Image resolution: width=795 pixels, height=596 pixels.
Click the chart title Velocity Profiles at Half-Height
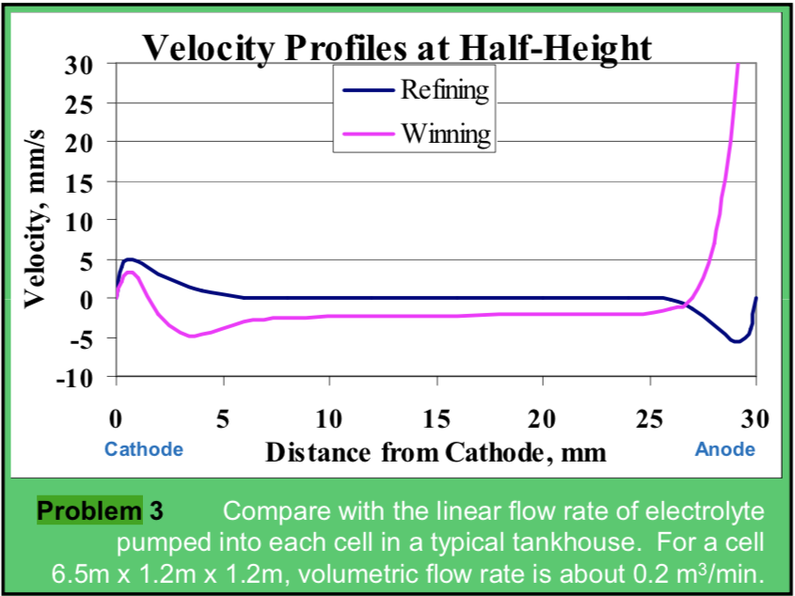point(396,46)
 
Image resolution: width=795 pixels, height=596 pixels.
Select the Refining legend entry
point(444,90)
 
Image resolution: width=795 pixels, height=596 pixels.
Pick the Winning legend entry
point(445,133)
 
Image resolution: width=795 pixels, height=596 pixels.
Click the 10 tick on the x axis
point(329,416)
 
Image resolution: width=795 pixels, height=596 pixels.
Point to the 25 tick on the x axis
point(649,416)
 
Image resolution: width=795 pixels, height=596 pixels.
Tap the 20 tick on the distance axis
point(543,416)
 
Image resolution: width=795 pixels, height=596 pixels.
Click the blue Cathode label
point(143,449)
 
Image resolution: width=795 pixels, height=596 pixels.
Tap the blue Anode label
point(724,449)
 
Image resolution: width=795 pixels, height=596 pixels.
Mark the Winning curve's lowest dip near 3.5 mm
point(192,336)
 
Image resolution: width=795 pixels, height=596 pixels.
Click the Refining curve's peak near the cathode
point(130,259)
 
